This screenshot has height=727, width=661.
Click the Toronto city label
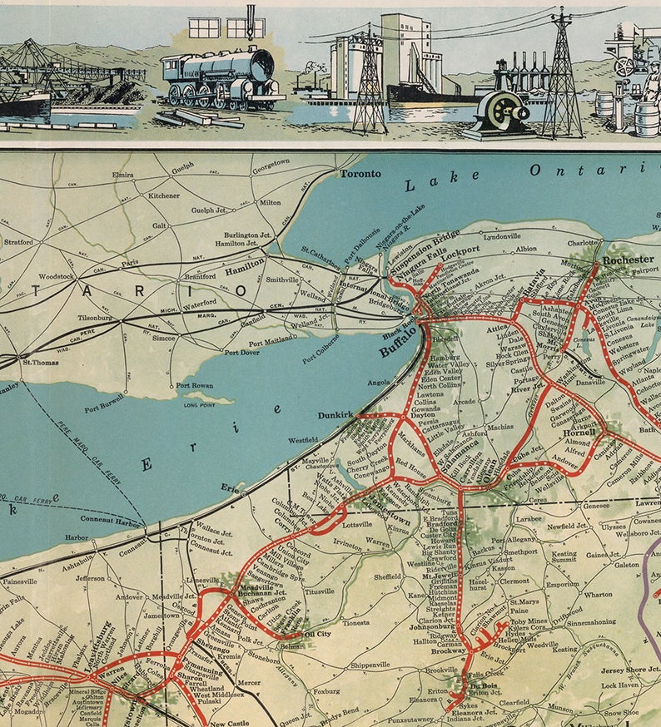coord(360,174)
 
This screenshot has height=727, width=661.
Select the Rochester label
coord(629,260)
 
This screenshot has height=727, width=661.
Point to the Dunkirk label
coord(335,414)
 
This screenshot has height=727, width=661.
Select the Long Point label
coord(199,405)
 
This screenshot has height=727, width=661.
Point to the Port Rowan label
coord(194,386)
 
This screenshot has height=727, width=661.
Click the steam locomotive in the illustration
coord(220,77)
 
